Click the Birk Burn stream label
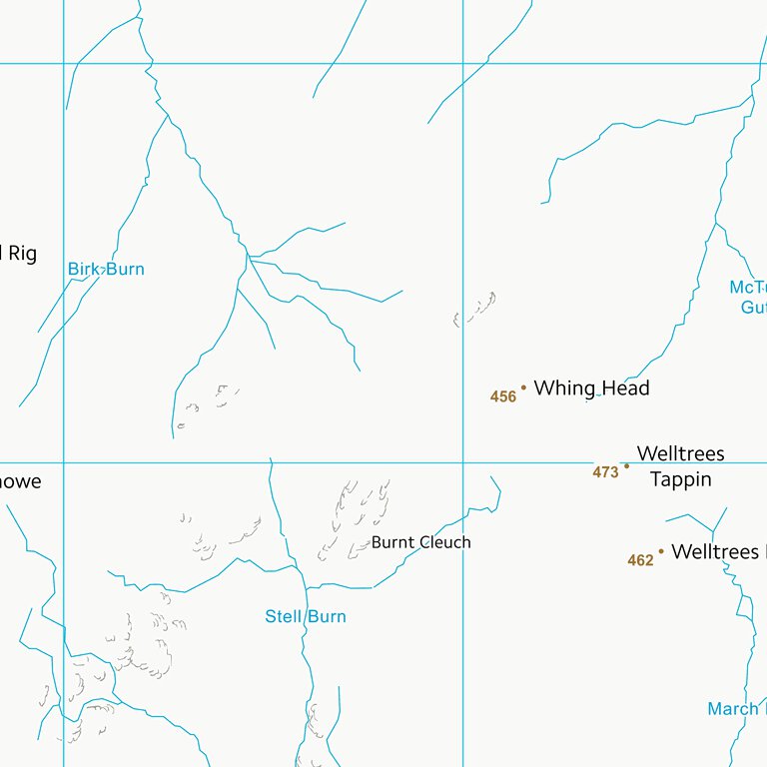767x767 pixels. [x=106, y=269]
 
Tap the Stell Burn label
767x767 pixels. [x=306, y=616]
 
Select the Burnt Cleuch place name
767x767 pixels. [x=420, y=542]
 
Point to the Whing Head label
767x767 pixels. [x=591, y=387]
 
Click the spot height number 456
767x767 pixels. [x=503, y=396]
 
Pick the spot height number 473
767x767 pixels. [x=605, y=472]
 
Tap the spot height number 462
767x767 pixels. [x=640, y=560]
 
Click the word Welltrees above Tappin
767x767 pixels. [x=681, y=453]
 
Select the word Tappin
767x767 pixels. [x=681, y=479]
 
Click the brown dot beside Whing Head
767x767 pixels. [x=523, y=387]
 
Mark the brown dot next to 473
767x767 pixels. [x=627, y=465]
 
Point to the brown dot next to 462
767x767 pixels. [x=661, y=550]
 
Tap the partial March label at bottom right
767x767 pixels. [x=733, y=709]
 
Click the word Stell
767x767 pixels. [x=283, y=616]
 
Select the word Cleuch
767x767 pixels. [x=444, y=542]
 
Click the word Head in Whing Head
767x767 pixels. [x=625, y=387]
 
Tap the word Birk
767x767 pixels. [x=84, y=269]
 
